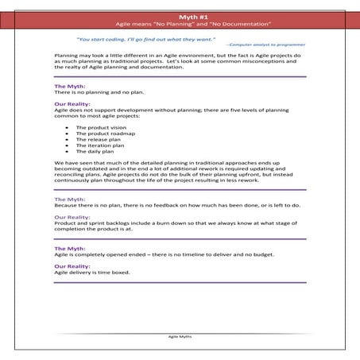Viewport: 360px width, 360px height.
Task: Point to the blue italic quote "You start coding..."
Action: [135, 38]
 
